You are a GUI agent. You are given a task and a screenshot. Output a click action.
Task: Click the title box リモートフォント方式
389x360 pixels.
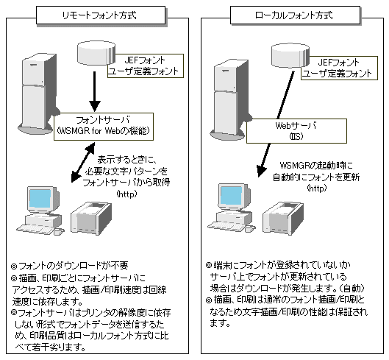(x=101, y=15)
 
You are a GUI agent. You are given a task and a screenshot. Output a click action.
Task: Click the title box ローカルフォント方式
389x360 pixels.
(x=295, y=15)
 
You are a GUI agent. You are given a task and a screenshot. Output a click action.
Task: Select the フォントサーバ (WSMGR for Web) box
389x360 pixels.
(x=104, y=127)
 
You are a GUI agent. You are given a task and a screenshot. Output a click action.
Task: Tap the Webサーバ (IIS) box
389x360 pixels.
(x=296, y=131)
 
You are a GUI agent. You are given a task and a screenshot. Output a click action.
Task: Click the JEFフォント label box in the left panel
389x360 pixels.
(x=146, y=66)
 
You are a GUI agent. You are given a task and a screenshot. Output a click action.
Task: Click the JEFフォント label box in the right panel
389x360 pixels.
(x=339, y=68)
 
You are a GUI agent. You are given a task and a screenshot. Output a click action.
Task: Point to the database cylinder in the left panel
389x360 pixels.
(x=96, y=53)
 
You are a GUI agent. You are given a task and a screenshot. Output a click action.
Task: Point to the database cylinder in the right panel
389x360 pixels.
(x=290, y=55)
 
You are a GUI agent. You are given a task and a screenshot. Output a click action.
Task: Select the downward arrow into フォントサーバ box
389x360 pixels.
(x=94, y=92)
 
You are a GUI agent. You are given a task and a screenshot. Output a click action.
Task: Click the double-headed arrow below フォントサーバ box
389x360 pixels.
(x=83, y=162)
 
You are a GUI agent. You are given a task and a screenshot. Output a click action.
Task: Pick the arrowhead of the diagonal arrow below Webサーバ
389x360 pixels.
(x=261, y=171)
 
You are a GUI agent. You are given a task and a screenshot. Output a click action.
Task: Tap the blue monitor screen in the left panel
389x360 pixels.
(x=40, y=199)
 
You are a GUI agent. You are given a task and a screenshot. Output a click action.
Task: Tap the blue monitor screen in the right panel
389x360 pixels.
(x=231, y=196)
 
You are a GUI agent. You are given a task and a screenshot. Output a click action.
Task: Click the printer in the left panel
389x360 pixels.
(x=91, y=218)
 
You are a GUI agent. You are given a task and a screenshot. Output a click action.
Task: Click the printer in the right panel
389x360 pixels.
(x=283, y=218)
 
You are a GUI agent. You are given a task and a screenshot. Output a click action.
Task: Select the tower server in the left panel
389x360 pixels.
(x=39, y=94)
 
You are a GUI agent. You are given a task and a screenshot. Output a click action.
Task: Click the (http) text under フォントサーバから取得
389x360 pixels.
(x=126, y=194)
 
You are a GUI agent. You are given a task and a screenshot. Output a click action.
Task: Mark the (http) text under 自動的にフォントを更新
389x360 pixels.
(x=317, y=188)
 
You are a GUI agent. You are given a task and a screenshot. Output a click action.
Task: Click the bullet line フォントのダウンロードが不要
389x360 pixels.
(x=70, y=266)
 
